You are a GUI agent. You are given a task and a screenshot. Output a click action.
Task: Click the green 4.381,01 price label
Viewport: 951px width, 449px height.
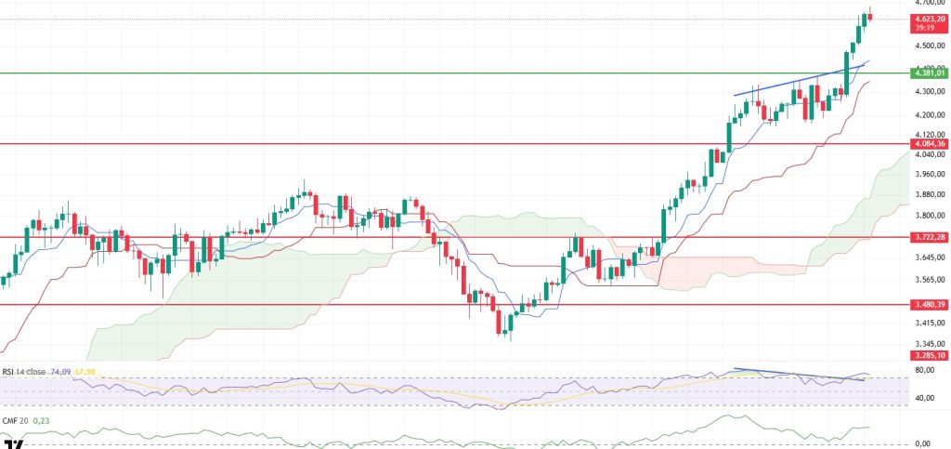930,73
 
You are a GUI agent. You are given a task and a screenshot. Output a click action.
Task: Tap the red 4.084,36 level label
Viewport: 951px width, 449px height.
930,144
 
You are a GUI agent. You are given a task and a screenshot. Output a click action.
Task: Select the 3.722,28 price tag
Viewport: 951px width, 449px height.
930,237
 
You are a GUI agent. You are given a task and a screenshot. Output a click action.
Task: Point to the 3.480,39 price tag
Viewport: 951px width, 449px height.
930,304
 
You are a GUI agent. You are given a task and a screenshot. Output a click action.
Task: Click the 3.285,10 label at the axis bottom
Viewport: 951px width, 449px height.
930,355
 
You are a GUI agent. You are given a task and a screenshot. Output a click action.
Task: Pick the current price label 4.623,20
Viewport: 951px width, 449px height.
930,19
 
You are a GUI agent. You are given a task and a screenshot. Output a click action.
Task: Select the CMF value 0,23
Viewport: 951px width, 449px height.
40,420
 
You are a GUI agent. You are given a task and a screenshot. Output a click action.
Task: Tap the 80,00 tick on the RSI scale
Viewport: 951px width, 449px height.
924,370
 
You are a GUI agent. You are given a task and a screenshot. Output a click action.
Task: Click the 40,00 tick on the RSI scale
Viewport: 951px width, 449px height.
924,398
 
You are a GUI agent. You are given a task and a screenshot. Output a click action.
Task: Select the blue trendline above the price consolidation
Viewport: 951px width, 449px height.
799,82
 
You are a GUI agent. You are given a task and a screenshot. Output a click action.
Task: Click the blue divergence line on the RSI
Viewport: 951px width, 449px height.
799,375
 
